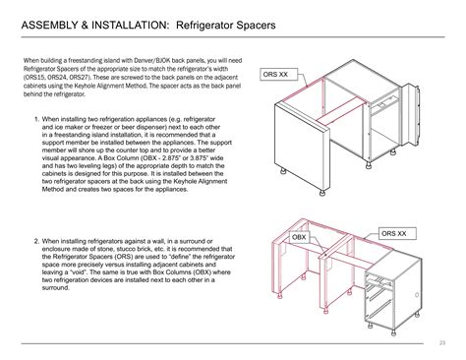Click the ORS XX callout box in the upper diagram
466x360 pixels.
pos(278,74)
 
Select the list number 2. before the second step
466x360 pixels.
pos(36,240)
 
